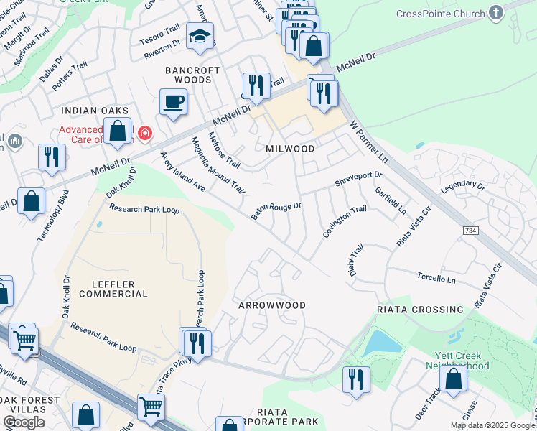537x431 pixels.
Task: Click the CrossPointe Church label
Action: coord(441,14)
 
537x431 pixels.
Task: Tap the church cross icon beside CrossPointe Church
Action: coord(495,13)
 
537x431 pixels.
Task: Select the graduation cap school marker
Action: coord(200,37)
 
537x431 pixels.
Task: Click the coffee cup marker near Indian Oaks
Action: coord(173,101)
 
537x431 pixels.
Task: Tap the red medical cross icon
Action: coord(145,133)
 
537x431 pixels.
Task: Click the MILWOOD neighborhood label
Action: coord(290,149)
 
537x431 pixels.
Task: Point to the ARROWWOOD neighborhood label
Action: coord(272,305)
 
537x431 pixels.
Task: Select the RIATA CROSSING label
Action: coord(420,310)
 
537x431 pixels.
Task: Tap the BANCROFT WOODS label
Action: coord(189,75)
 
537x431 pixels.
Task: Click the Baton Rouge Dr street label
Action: coord(276,210)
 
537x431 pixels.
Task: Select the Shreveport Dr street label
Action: coord(358,179)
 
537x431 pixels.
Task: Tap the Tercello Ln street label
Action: coord(436,278)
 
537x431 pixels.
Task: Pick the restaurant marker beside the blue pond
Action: coord(356,379)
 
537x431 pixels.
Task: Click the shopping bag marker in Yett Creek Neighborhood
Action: coord(453,378)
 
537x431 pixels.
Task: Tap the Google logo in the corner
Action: coord(24,422)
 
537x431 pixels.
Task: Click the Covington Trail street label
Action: coord(344,223)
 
